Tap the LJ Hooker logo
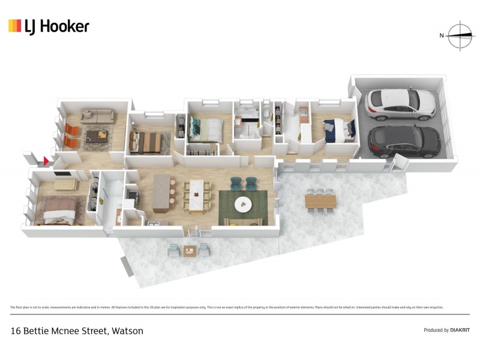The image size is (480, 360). [x=49, y=26]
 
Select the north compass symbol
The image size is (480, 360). [x=460, y=35]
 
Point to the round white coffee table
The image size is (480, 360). [x=243, y=204]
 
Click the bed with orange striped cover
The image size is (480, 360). [x=146, y=142]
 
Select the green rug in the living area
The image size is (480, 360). [x=243, y=206]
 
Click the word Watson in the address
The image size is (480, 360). [x=127, y=331]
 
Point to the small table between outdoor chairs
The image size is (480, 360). [x=190, y=250]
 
